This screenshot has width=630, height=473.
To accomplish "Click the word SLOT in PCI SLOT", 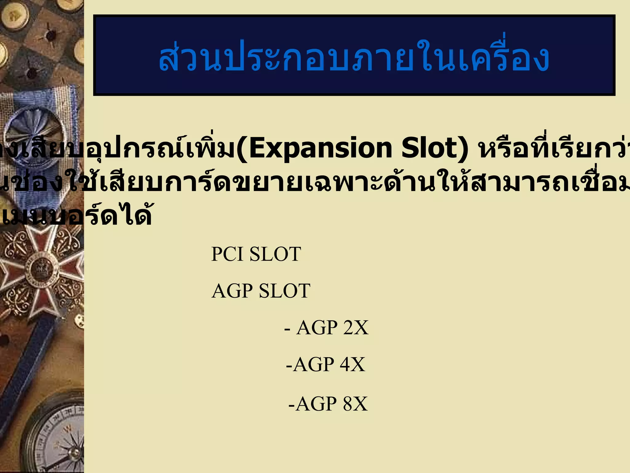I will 275,254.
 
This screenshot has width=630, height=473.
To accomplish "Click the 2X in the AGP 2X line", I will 356,328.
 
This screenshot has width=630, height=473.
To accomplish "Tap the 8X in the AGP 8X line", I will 355,404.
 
